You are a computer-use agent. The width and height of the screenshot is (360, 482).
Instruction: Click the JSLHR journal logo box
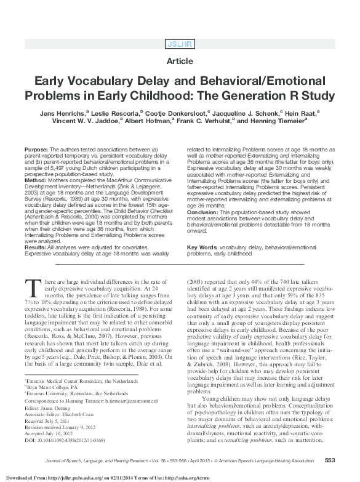coord(180,44)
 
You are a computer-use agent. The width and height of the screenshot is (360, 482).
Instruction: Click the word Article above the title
coord(180,62)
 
